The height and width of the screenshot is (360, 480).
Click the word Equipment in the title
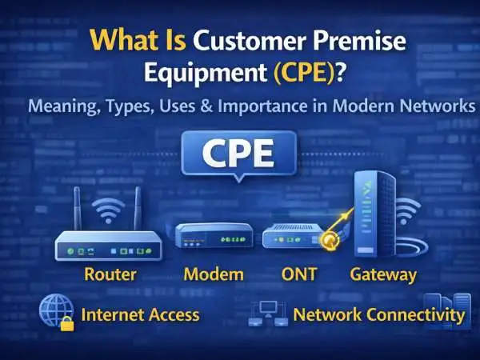[206, 74]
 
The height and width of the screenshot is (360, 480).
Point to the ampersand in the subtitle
[206, 106]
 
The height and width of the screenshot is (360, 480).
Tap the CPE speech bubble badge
[238, 155]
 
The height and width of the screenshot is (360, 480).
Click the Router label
[110, 274]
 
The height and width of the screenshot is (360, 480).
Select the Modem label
[214, 274]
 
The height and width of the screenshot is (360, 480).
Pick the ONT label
[298, 274]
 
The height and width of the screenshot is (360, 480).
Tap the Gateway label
[383, 275]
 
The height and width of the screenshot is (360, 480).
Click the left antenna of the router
[78, 209]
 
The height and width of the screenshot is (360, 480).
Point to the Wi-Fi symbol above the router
[108, 210]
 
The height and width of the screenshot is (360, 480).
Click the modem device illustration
[214, 235]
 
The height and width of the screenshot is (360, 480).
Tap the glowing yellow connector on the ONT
[330, 240]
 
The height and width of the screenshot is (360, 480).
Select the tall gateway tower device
[374, 214]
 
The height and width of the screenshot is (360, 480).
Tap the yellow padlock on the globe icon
[67, 324]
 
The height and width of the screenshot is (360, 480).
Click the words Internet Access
[140, 315]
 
